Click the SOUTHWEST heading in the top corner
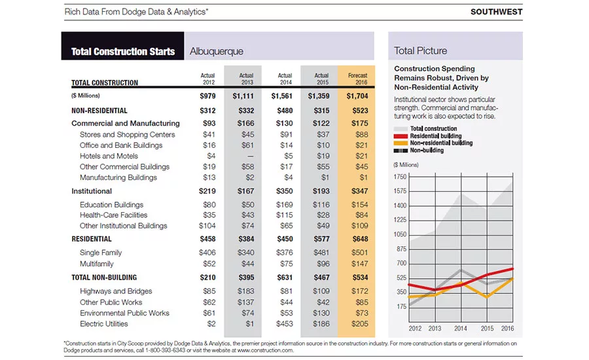[x=496, y=12]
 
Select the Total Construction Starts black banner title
[x=123, y=52]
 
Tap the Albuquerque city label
[x=217, y=51]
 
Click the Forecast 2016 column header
[x=357, y=79]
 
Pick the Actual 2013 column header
[x=247, y=79]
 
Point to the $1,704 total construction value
[x=357, y=96]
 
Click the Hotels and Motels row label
[x=109, y=156]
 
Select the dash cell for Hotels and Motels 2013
[x=250, y=156]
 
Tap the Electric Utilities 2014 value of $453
[x=285, y=324]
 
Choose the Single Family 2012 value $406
[x=207, y=253]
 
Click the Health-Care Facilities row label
[x=113, y=215]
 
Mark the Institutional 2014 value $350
[x=285, y=191]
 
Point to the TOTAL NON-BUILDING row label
[x=104, y=278]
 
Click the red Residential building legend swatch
[x=401, y=136]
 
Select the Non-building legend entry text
[x=427, y=151]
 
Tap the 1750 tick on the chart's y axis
[x=400, y=177]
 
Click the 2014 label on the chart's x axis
[x=461, y=329]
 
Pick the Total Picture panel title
[x=420, y=51]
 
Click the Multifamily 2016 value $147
[x=359, y=264]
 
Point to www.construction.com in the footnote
[x=265, y=350]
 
